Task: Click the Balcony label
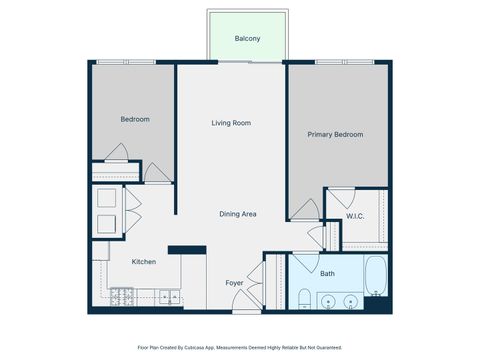[x=247, y=38]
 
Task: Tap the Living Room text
[x=231, y=123]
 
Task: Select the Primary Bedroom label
[x=335, y=134]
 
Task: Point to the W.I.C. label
[x=355, y=216]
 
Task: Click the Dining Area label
[x=239, y=214]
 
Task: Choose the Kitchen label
[x=144, y=262]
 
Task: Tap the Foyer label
[x=234, y=283]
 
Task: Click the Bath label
[x=328, y=273]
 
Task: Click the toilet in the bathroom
[x=304, y=298]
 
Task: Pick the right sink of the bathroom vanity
[x=351, y=300]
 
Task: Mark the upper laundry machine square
[x=105, y=199]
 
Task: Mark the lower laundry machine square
[x=105, y=221]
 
